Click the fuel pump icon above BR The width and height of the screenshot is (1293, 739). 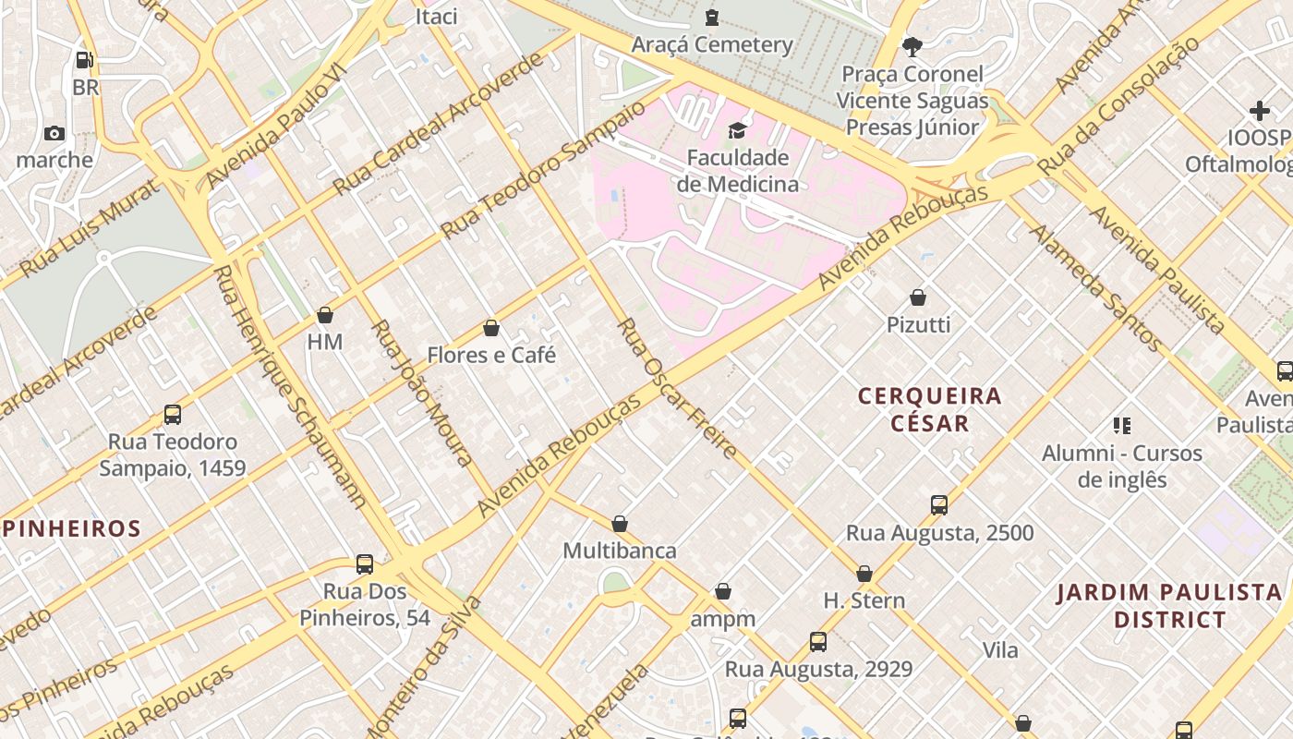click(x=85, y=60)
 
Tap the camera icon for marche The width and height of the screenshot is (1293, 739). click(x=54, y=133)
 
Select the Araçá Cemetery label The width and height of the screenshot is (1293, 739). click(x=711, y=44)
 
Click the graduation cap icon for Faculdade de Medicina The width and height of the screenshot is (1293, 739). click(x=737, y=130)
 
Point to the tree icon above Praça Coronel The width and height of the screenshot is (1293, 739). click(x=912, y=46)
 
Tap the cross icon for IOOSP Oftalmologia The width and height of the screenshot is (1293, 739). click(x=1259, y=111)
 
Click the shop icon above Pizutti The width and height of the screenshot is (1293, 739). click(x=918, y=297)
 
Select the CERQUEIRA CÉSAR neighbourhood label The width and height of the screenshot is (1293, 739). click(x=929, y=409)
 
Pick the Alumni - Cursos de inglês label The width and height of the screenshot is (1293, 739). click(x=1121, y=466)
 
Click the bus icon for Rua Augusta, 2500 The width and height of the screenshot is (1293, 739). click(x=939, y=505)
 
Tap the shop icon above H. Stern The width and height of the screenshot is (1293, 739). click(x=864, y=574)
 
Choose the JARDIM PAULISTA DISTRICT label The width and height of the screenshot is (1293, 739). click(x=1169, y=605)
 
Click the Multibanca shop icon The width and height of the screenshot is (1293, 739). click(x=620, y=524)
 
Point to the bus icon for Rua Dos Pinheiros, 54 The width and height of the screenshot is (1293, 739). click(x=365, y=563)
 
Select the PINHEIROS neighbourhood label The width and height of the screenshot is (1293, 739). click(x=72, y=529)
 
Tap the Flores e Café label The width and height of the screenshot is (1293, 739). click(x=491, y=355)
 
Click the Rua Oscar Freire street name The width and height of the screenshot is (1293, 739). click(x=677, y=389)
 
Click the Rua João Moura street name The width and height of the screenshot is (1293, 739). click(x=422, y=393)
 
